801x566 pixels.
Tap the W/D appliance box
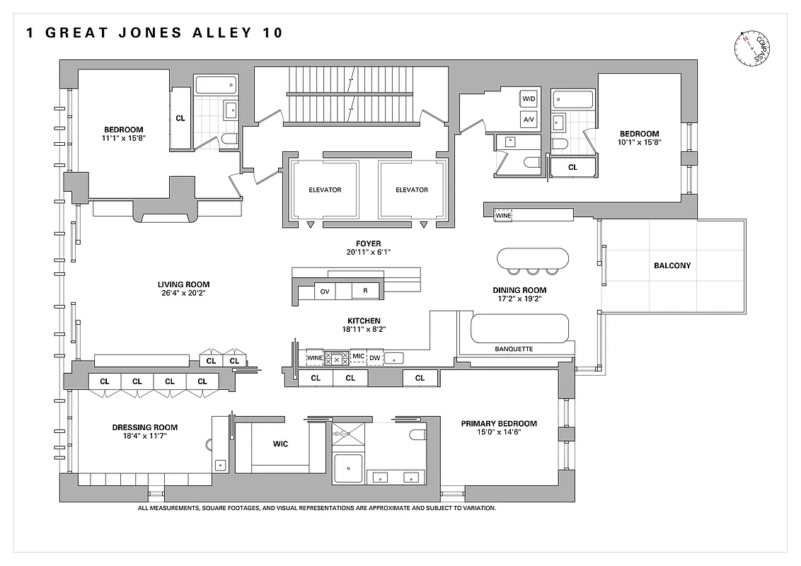529,98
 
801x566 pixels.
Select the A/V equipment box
529,120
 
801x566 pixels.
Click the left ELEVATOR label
325,190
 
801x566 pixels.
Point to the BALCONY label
672,266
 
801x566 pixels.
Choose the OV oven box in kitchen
324,291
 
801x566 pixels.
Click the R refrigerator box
365,291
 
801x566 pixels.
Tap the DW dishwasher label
374,357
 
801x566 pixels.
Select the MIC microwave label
358,357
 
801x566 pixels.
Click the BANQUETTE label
514,349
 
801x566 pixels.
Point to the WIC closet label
280,444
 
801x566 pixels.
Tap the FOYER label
369,243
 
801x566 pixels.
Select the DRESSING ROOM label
145,427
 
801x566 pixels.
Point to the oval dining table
533,258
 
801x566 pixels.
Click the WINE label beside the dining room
503,215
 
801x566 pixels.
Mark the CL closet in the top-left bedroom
180,118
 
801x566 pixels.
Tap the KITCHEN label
364,320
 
